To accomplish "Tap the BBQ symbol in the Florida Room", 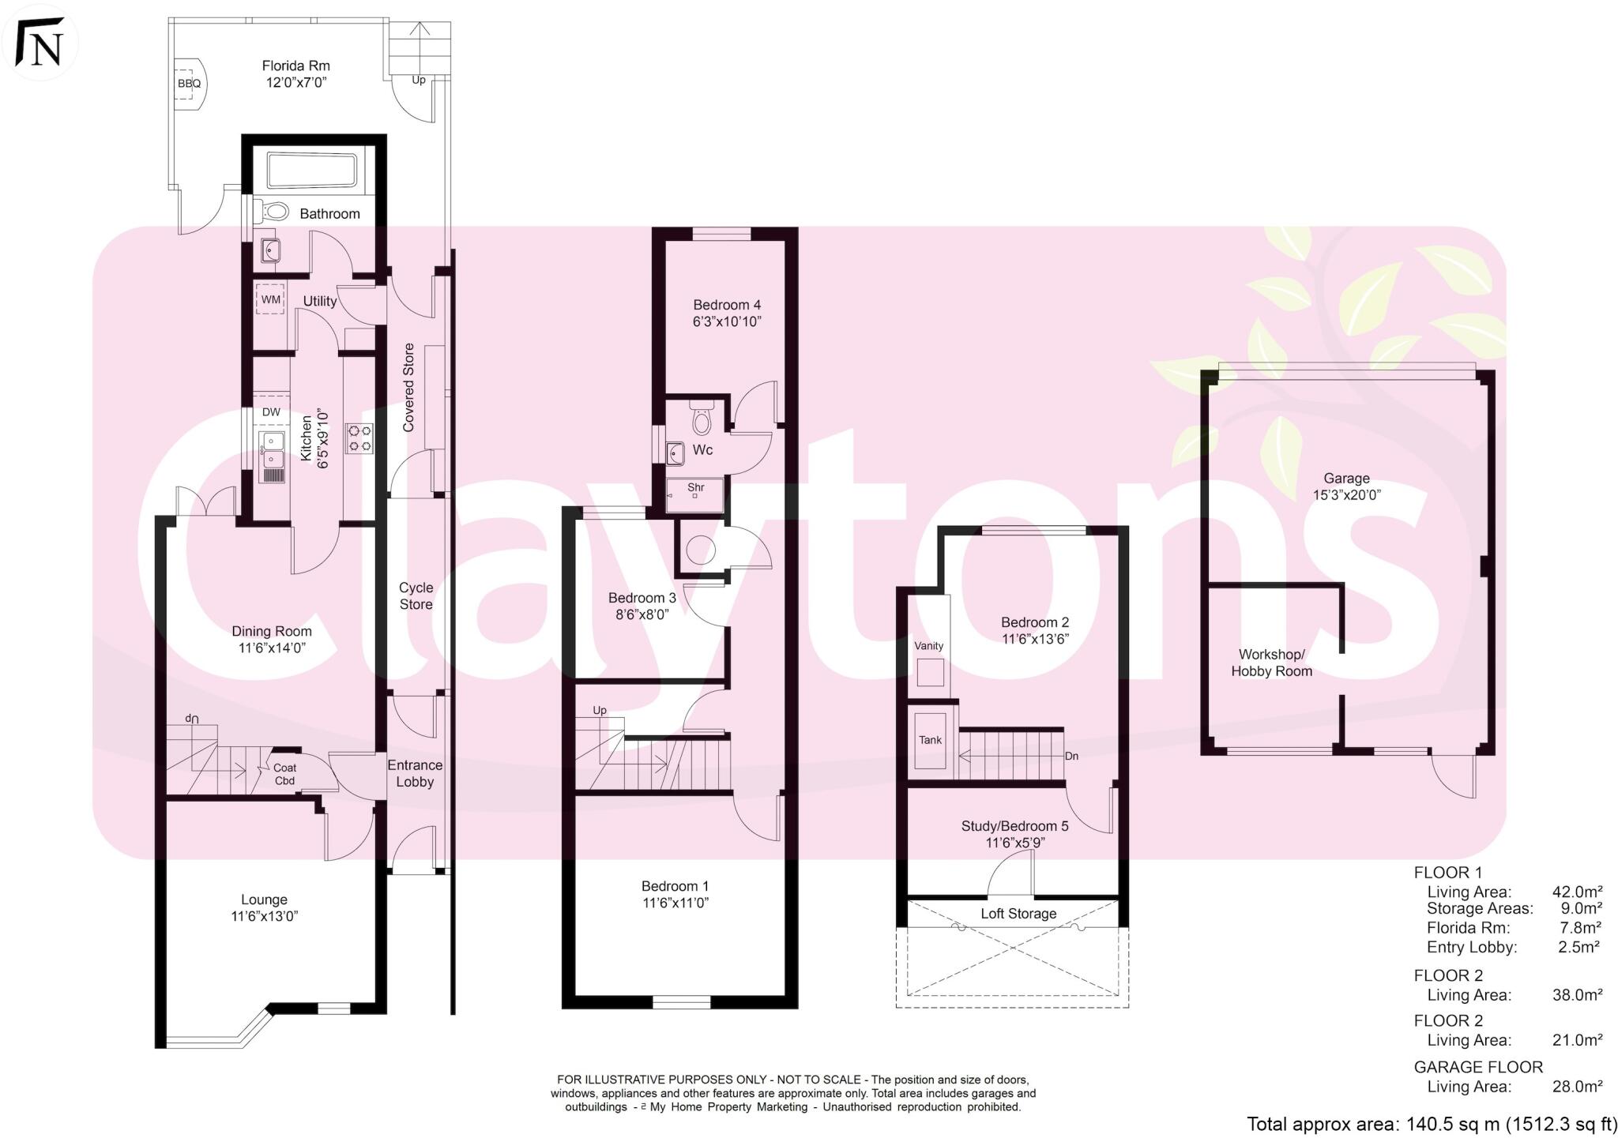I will [x=188, y=82].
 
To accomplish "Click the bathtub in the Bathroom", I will [x=312, y=171].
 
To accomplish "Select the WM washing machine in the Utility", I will [x=271, y=300].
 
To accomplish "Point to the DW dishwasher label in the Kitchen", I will [x=271, y=412].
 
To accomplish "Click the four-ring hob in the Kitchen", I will [x=360, y=438].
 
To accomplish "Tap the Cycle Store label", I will [x=416, y=596].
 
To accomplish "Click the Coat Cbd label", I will [x=284, y=775].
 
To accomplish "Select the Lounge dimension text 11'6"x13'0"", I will [x=264, y=917].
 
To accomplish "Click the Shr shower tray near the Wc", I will [x=695, y=494].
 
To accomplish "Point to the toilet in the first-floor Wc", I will [x=702, y=418].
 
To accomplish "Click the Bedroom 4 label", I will [x=727, y=305].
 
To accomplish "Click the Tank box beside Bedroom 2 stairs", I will [x=930, y=740].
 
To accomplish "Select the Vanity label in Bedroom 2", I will [x=928, y=646].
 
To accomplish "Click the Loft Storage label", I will [x=1018, y=914].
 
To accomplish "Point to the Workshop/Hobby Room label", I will [x=1271, y=663].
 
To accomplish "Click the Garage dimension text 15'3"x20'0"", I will [x=1346, y=495].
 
